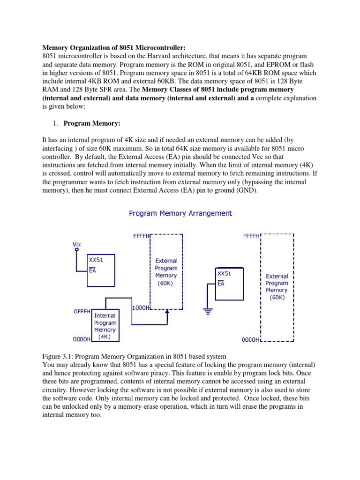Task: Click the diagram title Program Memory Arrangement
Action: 180,213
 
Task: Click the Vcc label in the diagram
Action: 76,244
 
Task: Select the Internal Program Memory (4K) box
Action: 105,326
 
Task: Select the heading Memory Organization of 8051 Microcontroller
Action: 114,47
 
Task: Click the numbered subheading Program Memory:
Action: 92,123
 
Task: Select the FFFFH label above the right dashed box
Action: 251,236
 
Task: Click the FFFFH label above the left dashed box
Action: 141,236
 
